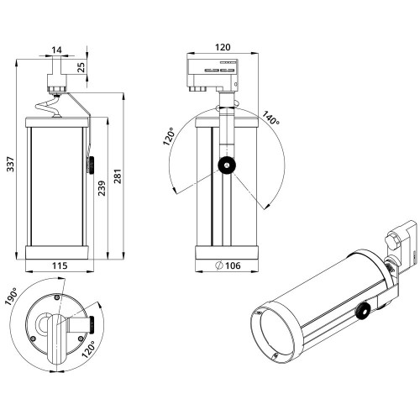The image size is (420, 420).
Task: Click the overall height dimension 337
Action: pyautogui.click(x=11, y=165)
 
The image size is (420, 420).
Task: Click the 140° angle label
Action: pyautogui.click(x=270, y=120)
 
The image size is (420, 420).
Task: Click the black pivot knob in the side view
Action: pyautogui.click(x=227, y=165)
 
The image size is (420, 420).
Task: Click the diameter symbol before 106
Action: pyautogui.click(x=219, y=265)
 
